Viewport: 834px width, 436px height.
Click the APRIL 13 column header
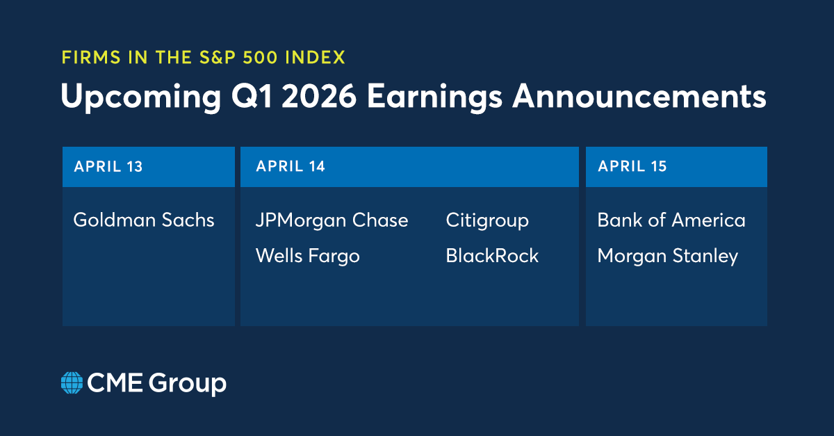point(108,167)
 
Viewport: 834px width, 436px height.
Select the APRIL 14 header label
point(291,167)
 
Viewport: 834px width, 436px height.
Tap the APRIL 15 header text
point(632,167)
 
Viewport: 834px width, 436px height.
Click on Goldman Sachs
point(144,220)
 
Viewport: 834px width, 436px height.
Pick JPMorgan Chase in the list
point(332,220)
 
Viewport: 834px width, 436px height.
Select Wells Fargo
point(307,256)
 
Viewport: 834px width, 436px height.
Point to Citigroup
point(487,220)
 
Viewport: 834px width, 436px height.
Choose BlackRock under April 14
point(492,256)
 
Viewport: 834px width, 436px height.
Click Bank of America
point(671,220)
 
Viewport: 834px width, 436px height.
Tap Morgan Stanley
point(667,256)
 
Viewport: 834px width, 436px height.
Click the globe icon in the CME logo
point(72,383)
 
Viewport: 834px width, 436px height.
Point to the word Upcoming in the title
point(137,97)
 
